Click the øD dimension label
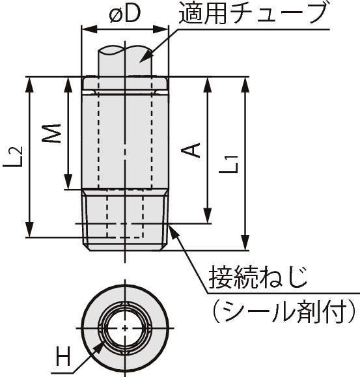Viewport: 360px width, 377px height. click(124, 15)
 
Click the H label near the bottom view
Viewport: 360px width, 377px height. click(63, 356)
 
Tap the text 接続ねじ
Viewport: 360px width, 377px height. click(258, 278)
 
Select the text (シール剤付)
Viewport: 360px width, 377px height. click(284, 311)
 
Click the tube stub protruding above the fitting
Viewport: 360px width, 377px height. click(125, 61)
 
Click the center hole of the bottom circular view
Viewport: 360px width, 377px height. click(125, 328)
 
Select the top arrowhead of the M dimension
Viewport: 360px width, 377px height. click(68, 85)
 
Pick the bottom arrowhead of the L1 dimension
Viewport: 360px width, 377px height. click(245, 243)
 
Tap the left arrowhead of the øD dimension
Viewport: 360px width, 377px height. click(90, 30)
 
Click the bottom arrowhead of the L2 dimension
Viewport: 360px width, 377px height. click(30, 230)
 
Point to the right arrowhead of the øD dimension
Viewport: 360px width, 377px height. click(160, 30)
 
